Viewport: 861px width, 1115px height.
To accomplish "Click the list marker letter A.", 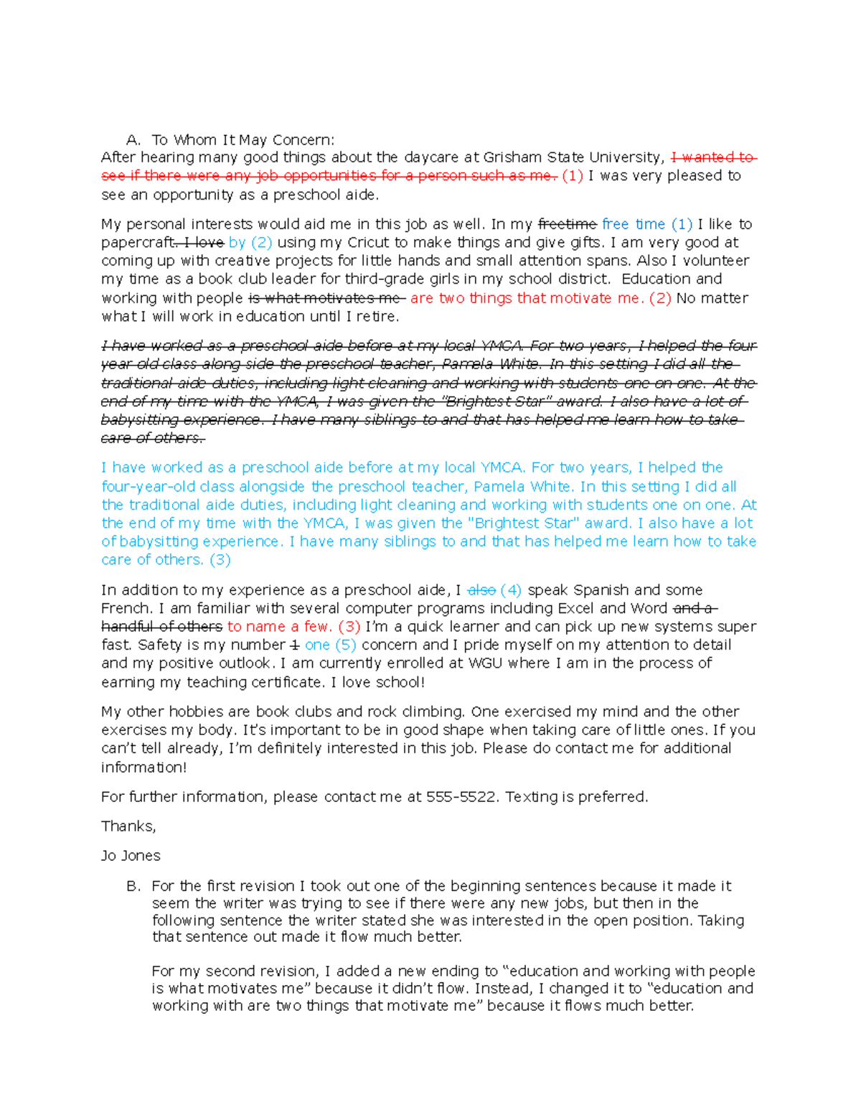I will tap(132, 140).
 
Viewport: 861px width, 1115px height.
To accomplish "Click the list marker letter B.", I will tap(133, 886).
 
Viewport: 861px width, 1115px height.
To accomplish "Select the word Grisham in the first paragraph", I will tap(513, 157).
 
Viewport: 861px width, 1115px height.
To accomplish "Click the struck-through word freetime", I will tap(567, 224).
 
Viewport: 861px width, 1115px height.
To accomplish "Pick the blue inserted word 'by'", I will tap(237, 243).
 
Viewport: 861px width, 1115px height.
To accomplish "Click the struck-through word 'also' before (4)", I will tap(481, 590).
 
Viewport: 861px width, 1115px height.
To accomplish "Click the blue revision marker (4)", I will tap(512, 590).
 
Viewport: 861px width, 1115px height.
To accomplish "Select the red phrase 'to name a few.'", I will tap(280, 627).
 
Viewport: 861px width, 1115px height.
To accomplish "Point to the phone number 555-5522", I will tap(461, 797).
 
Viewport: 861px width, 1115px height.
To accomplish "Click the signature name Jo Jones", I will tap(131, 856).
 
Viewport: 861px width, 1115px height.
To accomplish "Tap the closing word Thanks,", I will tap(128, 826).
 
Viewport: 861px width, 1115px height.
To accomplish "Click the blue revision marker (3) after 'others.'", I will tap(220, 560).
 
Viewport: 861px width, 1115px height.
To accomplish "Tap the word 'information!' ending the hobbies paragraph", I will tap(143, 768).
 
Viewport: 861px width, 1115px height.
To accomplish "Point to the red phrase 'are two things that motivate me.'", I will tap(527, 298).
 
